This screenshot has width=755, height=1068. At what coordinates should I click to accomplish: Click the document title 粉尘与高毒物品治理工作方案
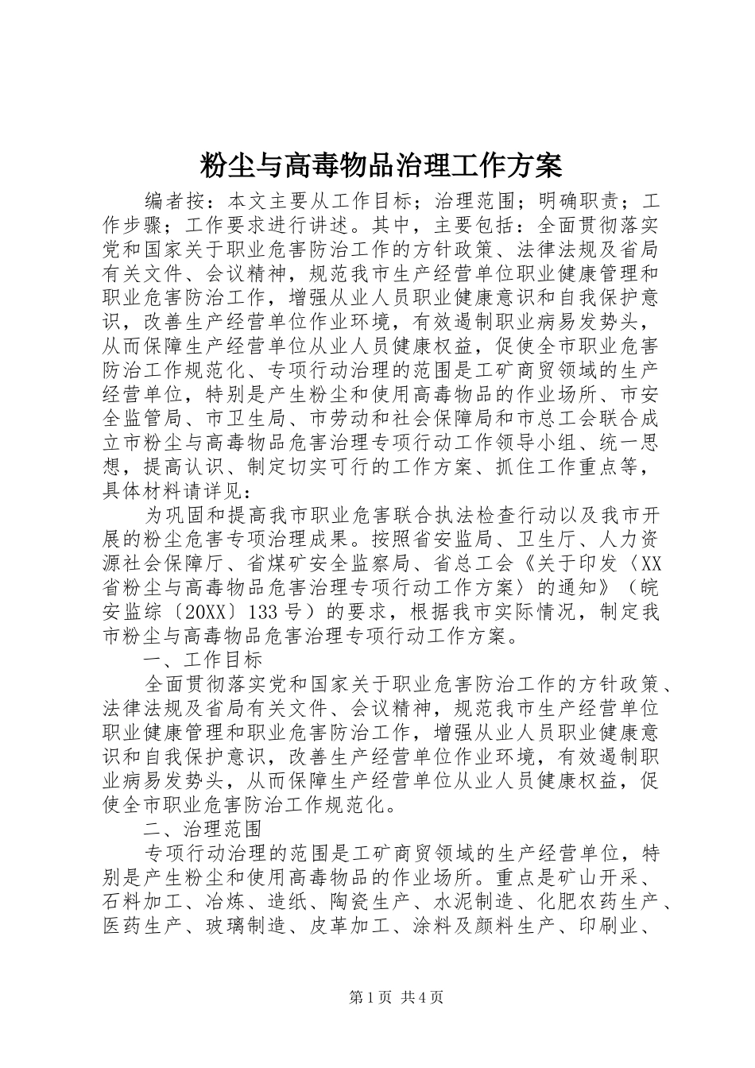pyautogui.click(x=377, y=166)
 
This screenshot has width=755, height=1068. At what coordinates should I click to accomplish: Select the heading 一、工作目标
pyautogui.click(x=203, y=660)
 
